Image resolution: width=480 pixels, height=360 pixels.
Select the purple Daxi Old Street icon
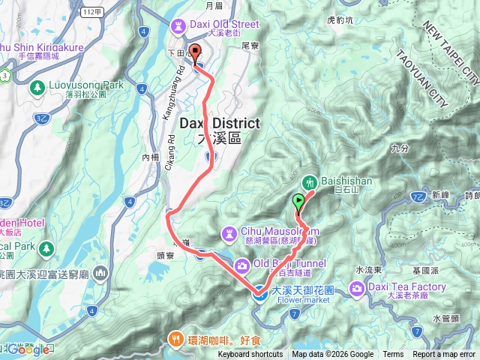coord(177,26)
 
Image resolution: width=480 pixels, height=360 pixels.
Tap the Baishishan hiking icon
coord(308,181)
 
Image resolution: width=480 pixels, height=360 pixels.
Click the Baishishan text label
coord(345,181)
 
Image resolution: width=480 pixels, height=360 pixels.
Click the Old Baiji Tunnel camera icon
coord(241,264)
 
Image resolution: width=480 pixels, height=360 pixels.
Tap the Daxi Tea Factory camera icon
coord(356,288)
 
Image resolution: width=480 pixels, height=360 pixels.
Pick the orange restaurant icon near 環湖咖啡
coord(175,338)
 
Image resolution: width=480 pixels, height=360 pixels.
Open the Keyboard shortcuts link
coord(250,355)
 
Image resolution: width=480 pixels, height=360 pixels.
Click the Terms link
coord(393,355)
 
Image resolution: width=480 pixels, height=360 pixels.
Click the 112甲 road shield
coord(91,10)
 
